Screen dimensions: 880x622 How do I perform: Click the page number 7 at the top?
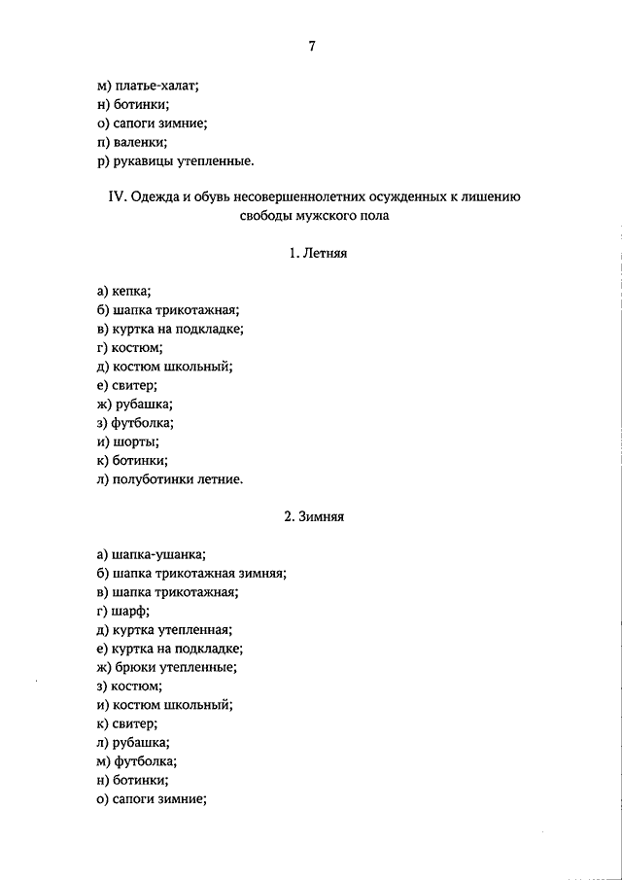pos(312,46)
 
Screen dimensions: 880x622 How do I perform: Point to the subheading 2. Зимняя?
pos(311,517)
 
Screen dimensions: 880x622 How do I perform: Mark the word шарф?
pos(123,611)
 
